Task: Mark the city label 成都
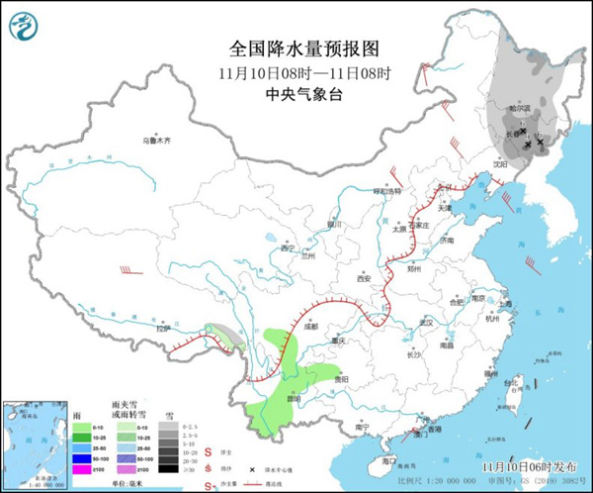(313, 324)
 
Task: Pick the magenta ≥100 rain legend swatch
(80, 468)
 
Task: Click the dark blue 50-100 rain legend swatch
(80, 457)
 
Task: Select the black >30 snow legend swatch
(170, 468)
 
